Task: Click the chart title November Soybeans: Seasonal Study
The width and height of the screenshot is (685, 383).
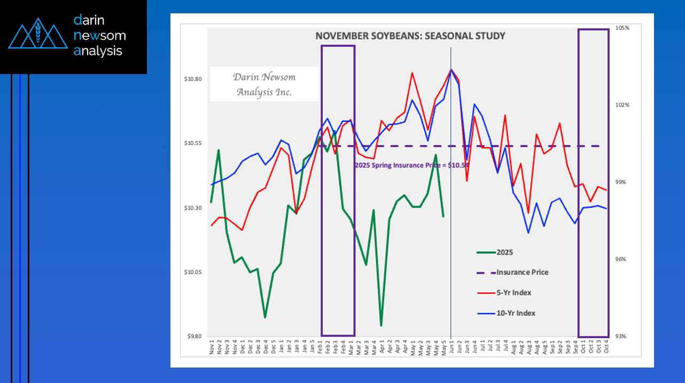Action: point(410,36)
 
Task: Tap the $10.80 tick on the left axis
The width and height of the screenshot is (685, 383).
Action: point(193,79)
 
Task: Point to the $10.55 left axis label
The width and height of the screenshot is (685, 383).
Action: point(193,143)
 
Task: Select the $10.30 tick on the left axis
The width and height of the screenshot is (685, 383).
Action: point(193,208)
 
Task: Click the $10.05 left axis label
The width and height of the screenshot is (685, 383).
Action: point(193,273)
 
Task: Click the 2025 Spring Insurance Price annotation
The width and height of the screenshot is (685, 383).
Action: point(411,165)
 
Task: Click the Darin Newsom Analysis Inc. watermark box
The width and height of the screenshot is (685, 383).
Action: point(264,84)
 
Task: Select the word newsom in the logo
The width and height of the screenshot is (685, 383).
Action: point(100,36)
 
